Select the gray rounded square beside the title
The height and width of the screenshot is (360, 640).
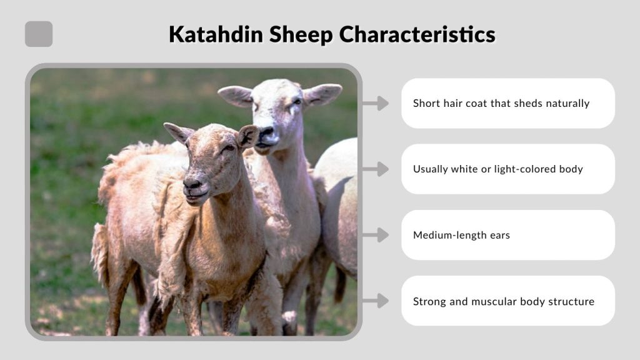point(39,34)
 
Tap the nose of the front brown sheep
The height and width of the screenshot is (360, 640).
point(192,184)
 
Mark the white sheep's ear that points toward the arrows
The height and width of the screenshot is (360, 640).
point(322,94)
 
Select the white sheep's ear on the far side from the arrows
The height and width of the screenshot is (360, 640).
point(235,95)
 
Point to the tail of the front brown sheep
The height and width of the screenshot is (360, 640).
point(100,250)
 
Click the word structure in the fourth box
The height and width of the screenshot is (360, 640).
point(569,301)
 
